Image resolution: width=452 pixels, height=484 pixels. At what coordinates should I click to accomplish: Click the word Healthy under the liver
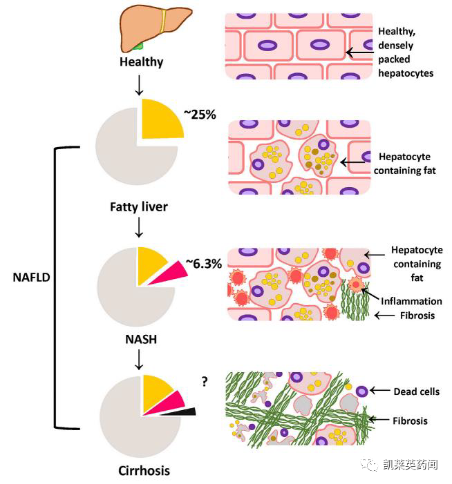point(141,62)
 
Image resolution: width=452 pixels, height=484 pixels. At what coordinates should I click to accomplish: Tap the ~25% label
point(200,114)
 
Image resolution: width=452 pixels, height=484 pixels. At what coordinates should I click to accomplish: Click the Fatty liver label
point(139,206)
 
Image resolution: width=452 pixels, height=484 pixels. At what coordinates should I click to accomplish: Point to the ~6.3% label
point(203,264)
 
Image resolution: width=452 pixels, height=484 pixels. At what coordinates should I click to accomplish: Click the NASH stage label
point(140,340)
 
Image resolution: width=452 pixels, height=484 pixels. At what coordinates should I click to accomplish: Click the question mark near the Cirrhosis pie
point(205,380)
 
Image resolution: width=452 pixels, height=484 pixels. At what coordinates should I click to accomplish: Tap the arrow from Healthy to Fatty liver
point(140,85)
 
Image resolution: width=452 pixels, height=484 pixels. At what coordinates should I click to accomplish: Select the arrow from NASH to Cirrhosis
point(140,359)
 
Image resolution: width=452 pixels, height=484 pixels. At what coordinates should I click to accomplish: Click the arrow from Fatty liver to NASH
point(140,226)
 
